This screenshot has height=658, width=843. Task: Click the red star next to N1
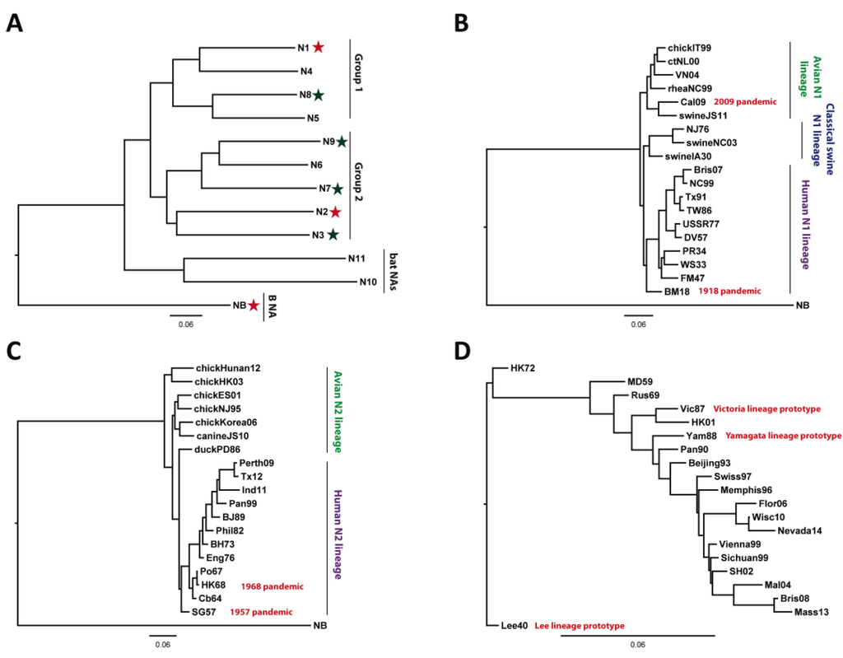pyautogui.click(x=318, y=49)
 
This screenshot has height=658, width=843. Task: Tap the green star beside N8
pyautogui.click(x=318, y=96)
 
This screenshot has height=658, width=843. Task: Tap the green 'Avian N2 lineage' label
pyautogui.click(x=336, y=412)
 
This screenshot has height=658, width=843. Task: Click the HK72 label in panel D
pyautogui.click(x=523, y=367)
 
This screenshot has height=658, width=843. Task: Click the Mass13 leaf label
pyautogui.click(x=811, y=613)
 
